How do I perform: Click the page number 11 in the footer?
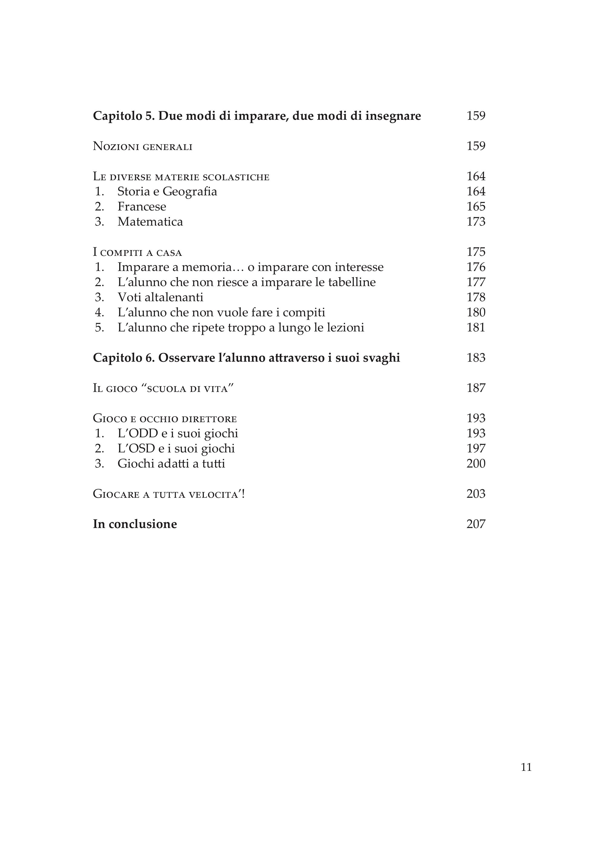(x=526, y=767)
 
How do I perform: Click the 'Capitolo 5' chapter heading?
(x=257, y=116)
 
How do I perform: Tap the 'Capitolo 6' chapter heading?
(x=246, y=358)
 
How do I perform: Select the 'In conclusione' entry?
(x=135, y=524)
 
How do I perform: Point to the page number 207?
(x=476, y=524)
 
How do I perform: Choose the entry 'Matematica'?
(x=150, y=222)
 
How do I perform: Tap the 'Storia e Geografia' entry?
(x=167, y=192)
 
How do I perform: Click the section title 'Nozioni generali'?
(x=142, y=146)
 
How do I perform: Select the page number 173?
(x=476, y=222)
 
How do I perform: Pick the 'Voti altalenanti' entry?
(x=160, y=298)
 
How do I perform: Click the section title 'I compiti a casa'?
(x=137, y=252)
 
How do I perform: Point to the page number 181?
(x=476, y=328)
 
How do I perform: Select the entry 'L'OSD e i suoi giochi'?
(x=176, y=448)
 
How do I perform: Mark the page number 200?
(x=476, y=464)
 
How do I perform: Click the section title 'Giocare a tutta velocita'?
(x=168, y=494)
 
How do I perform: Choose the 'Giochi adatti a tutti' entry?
(x=171, y=464)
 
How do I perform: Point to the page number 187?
(x=476, y=388)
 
